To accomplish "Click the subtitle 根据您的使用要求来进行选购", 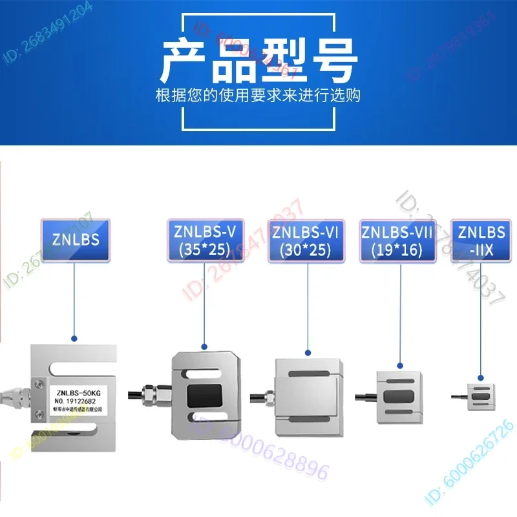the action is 258,96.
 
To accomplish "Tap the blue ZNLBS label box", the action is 75,240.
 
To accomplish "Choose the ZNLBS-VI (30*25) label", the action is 306,240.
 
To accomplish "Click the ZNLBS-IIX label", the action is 480,240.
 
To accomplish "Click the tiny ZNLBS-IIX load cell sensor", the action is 481,396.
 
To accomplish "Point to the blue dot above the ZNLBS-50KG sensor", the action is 74,338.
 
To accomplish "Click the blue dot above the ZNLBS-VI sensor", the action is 308,353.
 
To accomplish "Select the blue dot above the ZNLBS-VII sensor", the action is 401,365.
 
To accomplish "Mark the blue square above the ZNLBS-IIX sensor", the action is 480,377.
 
